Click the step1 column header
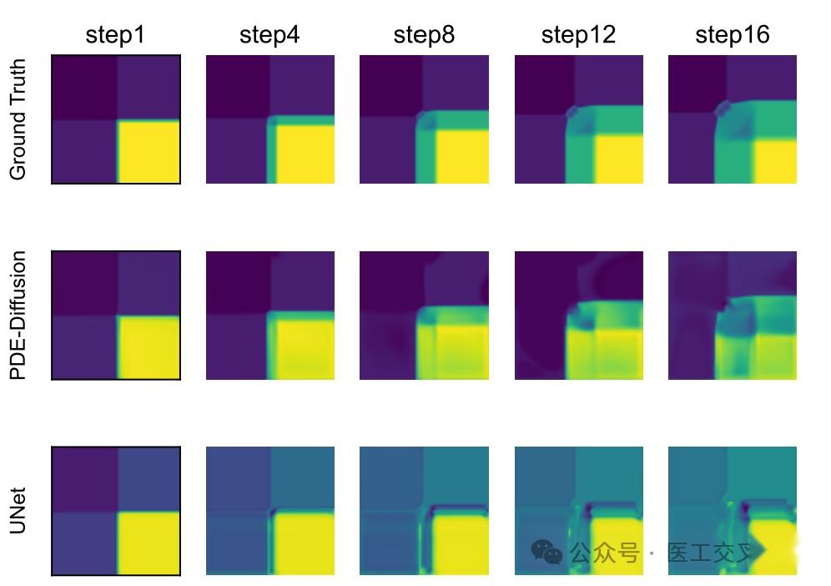coord(116,35)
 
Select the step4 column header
coord(269,35)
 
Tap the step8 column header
coord(424,35)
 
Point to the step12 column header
coord(578,35)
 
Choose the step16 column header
coord(733,35)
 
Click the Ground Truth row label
coord(18,119)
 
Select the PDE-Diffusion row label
coord(18,315)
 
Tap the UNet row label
coord(18,510)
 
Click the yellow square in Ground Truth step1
coord(149,152)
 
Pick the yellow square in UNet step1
coord(149,543)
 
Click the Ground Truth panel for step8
coord(424,119)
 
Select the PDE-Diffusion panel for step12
coord(578,315)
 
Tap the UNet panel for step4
coord(269,510)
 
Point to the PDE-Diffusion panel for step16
coord(733,315)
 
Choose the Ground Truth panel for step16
coord(733,119)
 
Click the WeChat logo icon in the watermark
coord(547,552)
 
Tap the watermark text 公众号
coord(604,553)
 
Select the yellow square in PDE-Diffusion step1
coord(149,347)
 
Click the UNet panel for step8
coord(424,510)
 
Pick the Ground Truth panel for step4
coord(269,119)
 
